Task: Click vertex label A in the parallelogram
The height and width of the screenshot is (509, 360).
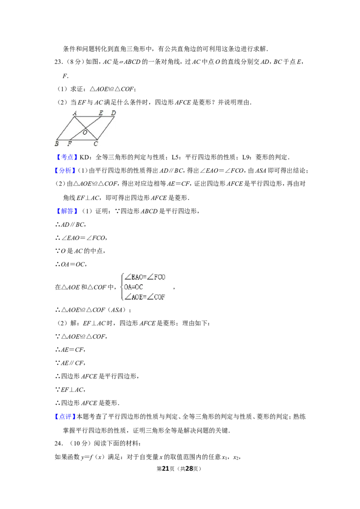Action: coord(75,113)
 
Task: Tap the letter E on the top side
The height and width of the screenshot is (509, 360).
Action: coord(101,113)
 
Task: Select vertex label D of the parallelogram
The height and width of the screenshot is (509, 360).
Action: coord(113,113)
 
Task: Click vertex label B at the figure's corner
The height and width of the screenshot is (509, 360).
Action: coord(57,144)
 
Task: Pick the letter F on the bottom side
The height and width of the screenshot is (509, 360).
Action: coord(69,144)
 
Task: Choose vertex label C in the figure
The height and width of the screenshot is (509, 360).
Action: coord(95,144)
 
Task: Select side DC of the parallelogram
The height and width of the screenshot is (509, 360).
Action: coord(107,129)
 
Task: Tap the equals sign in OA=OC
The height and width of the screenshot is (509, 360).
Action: coord(134,287)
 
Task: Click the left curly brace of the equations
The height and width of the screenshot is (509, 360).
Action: coord(122,286)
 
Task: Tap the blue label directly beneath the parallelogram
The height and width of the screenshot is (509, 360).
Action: coord(67,157)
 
